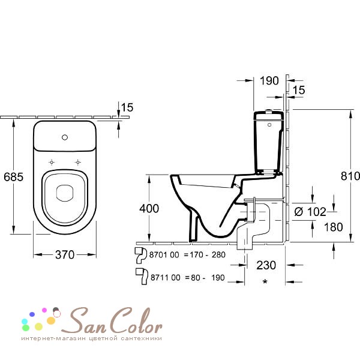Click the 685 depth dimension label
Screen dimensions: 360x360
[x=14, y=177]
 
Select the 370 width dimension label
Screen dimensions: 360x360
[x=65, y=254]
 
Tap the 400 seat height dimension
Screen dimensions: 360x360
[x=149, y=208]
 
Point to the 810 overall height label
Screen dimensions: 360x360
[x=350, y=176]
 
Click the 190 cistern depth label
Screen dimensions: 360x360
[x=269, y=80]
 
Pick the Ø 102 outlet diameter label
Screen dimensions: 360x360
[x=310, y=212]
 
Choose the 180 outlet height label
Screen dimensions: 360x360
[x=334, y=227]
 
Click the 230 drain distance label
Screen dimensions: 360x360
[x=266, y=265]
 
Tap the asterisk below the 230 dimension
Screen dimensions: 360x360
[x=265, y=282]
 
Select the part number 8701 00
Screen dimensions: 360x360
[x=164, y=255]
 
